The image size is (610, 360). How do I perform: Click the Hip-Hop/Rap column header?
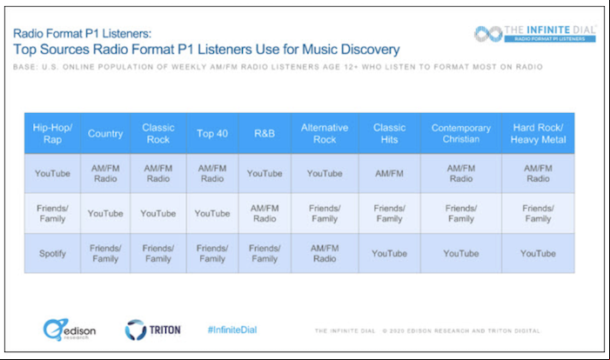coord(52,133)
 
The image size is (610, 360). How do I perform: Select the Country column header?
coord(105,133)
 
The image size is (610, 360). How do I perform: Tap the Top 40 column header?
coord(212,133)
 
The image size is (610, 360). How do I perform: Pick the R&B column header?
coord(265,133)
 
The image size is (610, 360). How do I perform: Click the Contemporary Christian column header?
coord(461,133)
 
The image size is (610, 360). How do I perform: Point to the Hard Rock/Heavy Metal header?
coord(538,133)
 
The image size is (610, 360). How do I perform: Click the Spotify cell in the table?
coord(52,253)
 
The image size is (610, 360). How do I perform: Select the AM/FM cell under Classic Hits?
coord(390,173)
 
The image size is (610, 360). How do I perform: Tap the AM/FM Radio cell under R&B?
coord(265,213)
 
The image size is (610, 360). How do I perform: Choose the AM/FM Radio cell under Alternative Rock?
coord(325,253)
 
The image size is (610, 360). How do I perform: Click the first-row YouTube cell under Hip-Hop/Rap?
coord(52,173)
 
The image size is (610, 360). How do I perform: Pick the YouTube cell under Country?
coord(105,213)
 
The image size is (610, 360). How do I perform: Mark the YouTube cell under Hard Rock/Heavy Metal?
coord(538,253)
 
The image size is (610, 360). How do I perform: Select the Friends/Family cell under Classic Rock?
coord(158,253)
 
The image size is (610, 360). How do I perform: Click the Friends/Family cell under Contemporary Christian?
coord(461,213)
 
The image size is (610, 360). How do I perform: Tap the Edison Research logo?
coord(70,330)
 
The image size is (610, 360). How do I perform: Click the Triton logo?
coord(152,330)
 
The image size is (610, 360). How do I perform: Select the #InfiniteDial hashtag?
coord(232,330)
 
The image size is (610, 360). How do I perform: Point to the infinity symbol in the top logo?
coord(488,34)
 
